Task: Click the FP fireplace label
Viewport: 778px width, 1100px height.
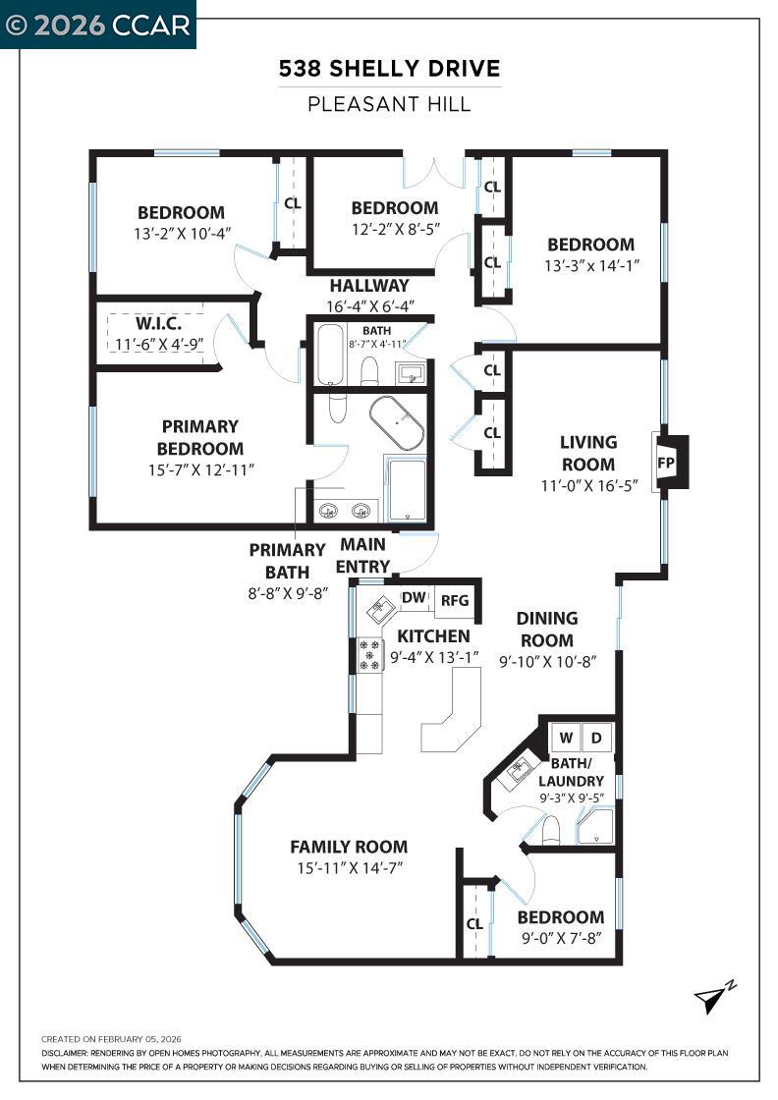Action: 666,464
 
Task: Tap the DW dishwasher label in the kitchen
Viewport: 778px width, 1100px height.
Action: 414,597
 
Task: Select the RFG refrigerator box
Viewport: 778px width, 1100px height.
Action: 455,600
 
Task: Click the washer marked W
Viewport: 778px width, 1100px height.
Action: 566,738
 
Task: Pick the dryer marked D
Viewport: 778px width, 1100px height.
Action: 596,738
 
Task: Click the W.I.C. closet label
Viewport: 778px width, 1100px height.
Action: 158,323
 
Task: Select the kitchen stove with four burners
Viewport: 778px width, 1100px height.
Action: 369,654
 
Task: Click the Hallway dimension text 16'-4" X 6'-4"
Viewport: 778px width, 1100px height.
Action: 370,306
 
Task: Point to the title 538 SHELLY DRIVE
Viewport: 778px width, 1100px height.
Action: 389,69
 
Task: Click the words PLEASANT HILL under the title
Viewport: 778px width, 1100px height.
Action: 389,104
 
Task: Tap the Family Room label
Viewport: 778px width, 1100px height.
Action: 349,847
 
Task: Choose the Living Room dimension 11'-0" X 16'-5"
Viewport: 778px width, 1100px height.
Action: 589,485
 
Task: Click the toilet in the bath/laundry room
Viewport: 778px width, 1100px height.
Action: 551,830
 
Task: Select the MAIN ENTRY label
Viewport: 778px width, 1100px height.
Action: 362,556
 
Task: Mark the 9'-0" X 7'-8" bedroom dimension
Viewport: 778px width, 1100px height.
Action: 561,938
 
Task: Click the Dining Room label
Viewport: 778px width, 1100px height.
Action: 546,630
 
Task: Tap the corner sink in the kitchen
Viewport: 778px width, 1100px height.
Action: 381,607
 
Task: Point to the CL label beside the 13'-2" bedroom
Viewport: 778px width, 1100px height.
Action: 293,203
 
